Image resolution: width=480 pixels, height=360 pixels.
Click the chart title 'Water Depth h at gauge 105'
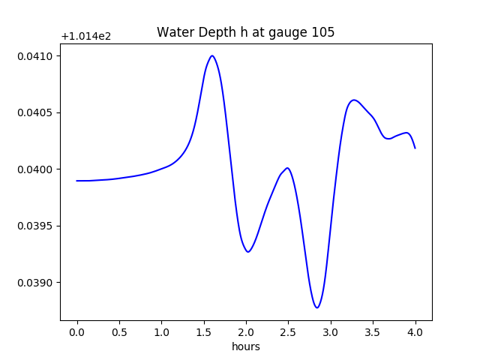[x=245, y=33]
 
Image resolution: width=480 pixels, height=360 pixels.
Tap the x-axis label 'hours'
[x=245, y=347]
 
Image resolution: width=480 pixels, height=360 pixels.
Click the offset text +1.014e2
[x=85, y=36]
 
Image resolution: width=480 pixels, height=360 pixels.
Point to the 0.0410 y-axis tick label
[x=36, y=56]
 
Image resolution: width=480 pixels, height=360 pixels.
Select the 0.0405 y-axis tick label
[x=36, y=113]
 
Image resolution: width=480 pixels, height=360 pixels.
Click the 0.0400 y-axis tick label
[x=36, y=169]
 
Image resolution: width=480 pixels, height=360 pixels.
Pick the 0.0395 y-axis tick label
[x=36, y=226]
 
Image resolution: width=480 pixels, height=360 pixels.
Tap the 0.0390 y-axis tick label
[x=36, y=283]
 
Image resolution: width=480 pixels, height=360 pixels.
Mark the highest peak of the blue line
[x=212, y=55]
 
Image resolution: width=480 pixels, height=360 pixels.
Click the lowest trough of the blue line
[x=317, y=307]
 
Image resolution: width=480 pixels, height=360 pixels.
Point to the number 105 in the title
[x=323, y=33]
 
